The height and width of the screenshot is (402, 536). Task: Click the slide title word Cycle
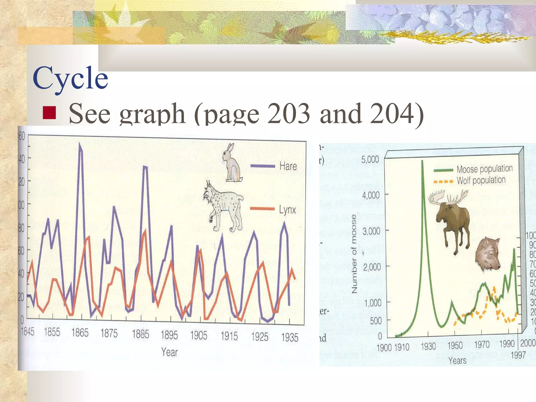click(70, 78)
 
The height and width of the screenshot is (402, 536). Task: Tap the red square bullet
click(49, 113)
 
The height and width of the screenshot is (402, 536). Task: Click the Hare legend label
click(288, 166)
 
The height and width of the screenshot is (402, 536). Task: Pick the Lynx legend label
click(287, 210)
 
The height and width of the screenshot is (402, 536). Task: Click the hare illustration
click(232, 164)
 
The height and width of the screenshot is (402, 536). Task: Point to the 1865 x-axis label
click(80, 333)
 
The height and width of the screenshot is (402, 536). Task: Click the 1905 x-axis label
click(199, 335)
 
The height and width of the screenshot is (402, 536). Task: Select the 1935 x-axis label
click(290, 337)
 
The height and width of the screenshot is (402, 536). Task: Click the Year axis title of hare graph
click(169, 352)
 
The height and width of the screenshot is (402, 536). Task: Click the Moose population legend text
click(484, 169)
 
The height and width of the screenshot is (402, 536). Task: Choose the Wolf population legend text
click(481, 180)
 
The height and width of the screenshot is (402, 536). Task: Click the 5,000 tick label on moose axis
click(370, 159)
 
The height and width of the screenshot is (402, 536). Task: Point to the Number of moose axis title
click(354, 254)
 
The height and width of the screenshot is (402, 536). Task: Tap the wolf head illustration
click(487, 254)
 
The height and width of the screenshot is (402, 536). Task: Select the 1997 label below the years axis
click(518, 355)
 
